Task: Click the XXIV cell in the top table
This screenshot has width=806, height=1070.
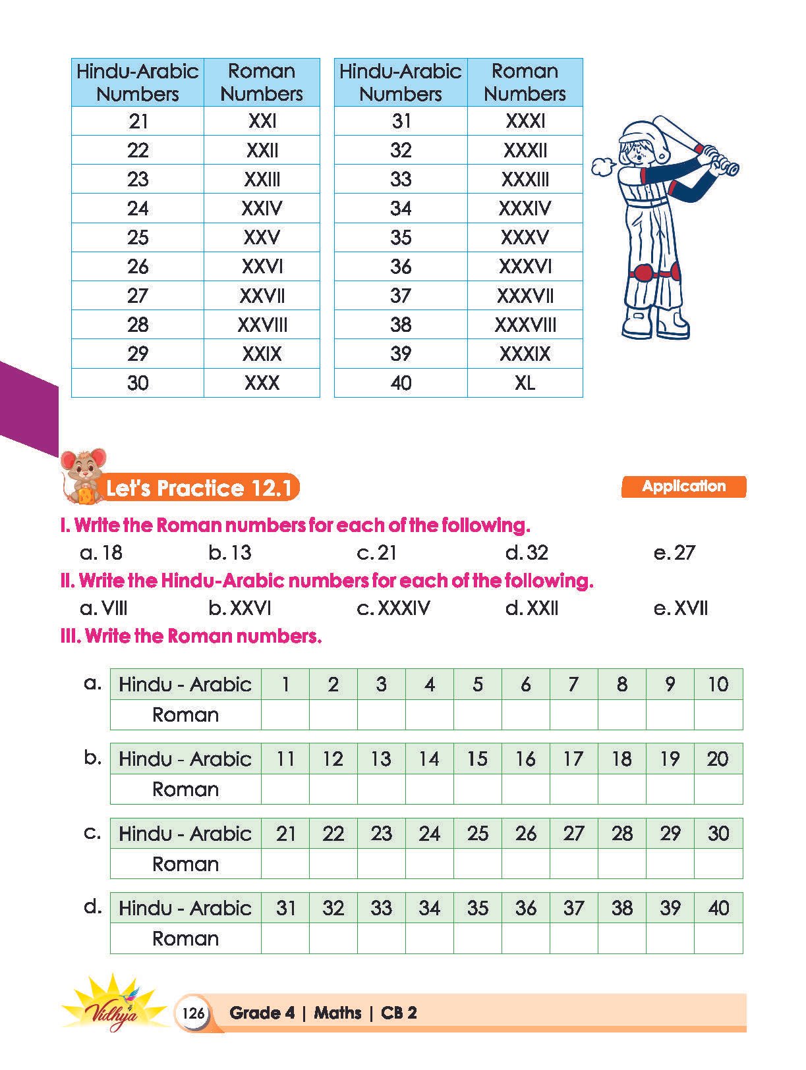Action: [x=262, y=208]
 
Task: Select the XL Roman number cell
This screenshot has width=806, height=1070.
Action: [x=525, y=383]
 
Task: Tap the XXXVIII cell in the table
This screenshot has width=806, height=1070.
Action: [x=525, y=325]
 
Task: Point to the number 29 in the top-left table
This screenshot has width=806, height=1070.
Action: [x=138, y=354]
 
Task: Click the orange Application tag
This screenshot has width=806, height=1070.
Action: [x=683, y=487]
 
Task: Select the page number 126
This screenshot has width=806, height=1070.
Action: [x=193, y=1012]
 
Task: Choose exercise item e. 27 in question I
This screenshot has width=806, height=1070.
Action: [x=674, y=553]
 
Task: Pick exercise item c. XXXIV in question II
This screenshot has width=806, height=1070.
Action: [x=393, y=608]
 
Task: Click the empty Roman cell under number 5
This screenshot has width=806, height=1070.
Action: [x=477, y=714]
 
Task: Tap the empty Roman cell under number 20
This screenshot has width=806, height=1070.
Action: [x=718, y=789]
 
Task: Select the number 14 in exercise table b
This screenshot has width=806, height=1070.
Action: [x=429, y=759]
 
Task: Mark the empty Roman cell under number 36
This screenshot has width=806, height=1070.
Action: [x=525, y=938]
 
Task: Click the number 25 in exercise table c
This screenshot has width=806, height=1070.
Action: [x=477, y=834]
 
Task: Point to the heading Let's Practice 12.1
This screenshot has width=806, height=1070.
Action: [x=198, y=489]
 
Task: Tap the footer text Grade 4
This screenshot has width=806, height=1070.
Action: [x=262, y=1013]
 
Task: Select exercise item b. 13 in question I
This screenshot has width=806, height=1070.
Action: [x=230, y=553]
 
